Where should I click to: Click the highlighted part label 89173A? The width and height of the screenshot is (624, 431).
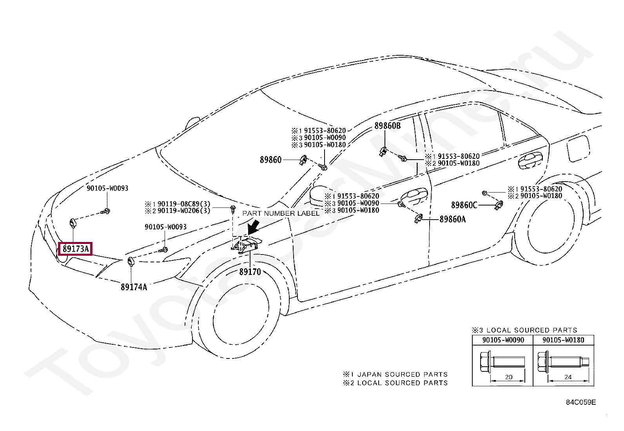click(x=75, y=249)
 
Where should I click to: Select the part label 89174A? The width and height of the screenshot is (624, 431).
click(x=134, y=287)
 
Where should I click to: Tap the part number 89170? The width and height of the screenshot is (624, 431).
click(x=250, y=271)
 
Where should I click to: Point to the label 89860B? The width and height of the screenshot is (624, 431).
click(x=387, y=126)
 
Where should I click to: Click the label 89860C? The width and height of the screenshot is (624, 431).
click(x=464, y=205)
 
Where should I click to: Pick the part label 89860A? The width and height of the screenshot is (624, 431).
click(x=452, y=219)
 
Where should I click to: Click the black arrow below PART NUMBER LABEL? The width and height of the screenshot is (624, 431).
click(x=254, y=227)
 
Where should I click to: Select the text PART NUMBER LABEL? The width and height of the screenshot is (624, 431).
click(x=281, y=213)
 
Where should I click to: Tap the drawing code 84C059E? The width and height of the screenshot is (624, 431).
click(x=581, y=402)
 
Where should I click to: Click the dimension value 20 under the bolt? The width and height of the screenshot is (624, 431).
click(x=509, y=377)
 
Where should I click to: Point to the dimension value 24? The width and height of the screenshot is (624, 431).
click(x=568, y=377)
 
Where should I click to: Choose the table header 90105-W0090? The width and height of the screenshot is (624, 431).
click(x=503, y=340)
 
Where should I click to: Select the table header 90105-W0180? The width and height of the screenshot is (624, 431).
click(x=563, y=340)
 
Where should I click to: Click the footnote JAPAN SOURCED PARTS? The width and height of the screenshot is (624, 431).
click(x=402, y=374)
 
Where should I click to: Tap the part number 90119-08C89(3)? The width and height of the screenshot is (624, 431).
click(x=184, y=204)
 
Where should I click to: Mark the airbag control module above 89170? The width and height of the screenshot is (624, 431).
click(x=247, y=244)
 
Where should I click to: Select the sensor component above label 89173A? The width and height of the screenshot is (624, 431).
click(x=73, y=223)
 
